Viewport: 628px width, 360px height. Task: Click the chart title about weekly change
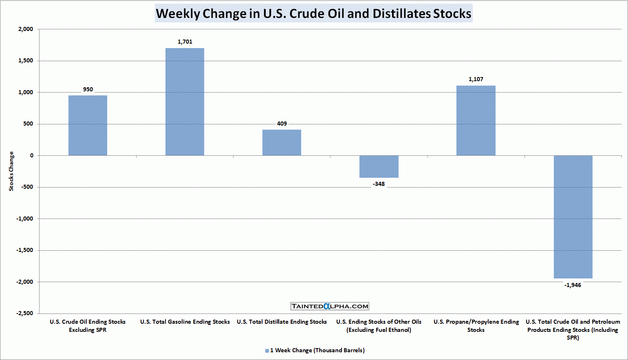(x=313, y=13)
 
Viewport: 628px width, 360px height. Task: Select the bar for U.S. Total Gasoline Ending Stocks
(x=185, y=102)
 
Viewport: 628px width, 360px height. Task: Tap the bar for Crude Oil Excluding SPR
(x=88, y=126)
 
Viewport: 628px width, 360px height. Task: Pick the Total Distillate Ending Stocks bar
(x=282, y=143)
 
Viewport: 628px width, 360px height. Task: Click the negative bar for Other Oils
(x=379, y=166)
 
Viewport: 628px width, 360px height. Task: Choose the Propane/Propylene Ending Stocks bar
(x=476, y=121)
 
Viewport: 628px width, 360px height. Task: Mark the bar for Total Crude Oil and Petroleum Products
(x=573, y=217)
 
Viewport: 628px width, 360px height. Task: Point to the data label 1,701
(x=185, y=42)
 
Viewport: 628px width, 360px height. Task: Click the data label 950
(x=88, y=89)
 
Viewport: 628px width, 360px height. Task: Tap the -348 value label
(x=379, y=184)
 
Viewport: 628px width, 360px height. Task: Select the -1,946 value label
(x=573, y=285)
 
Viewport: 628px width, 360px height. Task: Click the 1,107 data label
(x=476, y=79)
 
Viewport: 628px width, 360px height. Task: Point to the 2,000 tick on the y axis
(x=26, y=29)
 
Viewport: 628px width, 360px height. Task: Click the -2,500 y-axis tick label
(x=24, y=313)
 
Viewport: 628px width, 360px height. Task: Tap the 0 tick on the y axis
(x=32, y=155)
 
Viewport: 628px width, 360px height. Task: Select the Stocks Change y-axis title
(x=11, y=171)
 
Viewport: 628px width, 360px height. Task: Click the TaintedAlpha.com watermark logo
(x=330, y=306)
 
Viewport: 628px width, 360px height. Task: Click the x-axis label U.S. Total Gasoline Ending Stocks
(x=185, y=322)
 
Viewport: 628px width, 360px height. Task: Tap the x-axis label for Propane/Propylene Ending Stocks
(x=476, y=326)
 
